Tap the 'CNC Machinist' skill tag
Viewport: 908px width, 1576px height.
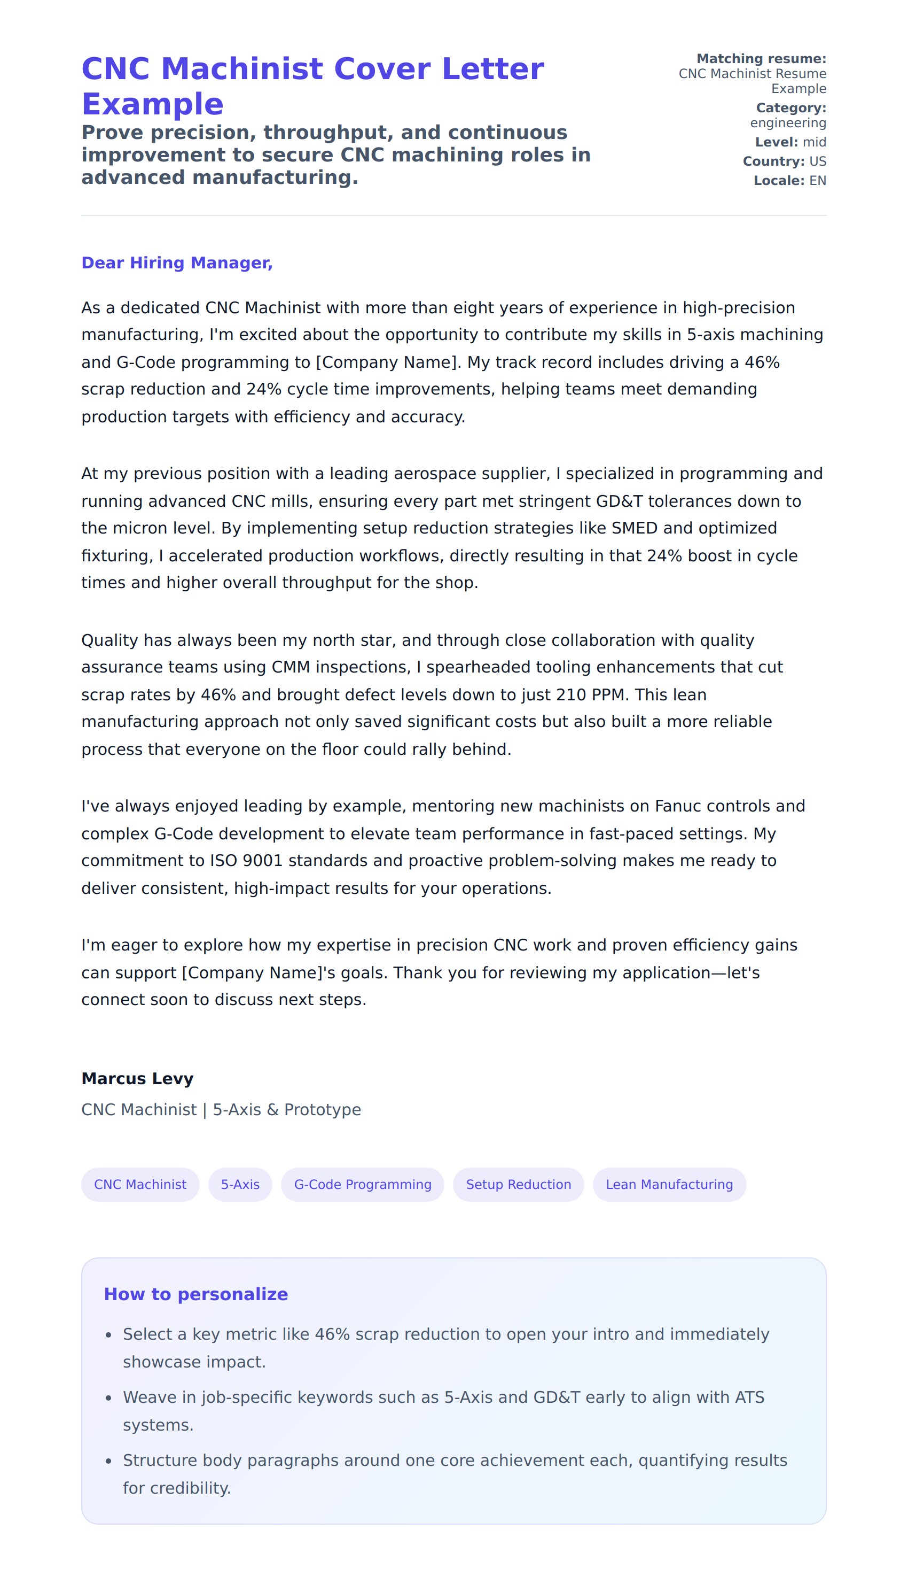pos(140,1184)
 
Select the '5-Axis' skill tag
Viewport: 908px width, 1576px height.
pos(240,1184)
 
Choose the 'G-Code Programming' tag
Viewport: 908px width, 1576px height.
pos(362,1184)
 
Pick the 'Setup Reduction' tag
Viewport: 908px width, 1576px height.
pos(518,1184)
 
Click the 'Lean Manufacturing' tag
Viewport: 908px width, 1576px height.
pos(669,1184)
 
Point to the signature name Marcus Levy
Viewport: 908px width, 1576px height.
pos(137,1078)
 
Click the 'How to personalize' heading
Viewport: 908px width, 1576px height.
pos(196,1294)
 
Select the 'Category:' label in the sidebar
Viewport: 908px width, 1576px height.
pos(790,108)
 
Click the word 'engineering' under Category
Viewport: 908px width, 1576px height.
pos(788,123)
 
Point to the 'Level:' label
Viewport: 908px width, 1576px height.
pos(776,142)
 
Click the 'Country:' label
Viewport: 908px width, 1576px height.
pos(773,161)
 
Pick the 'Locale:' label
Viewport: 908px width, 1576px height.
pos(779,181)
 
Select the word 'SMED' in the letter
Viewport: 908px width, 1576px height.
pos(633,528)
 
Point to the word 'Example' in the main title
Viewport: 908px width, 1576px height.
pos(153,104)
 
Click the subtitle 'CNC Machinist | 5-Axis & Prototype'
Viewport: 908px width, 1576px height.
pos(221,1109)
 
